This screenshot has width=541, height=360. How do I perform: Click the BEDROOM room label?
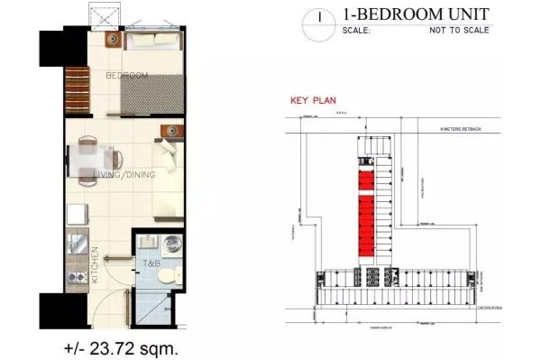(126, 76)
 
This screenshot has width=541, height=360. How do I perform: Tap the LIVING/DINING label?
(126, 176)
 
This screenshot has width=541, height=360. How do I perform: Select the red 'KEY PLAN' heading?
(311, 101)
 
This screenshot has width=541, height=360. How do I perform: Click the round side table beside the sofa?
(169, 133)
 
